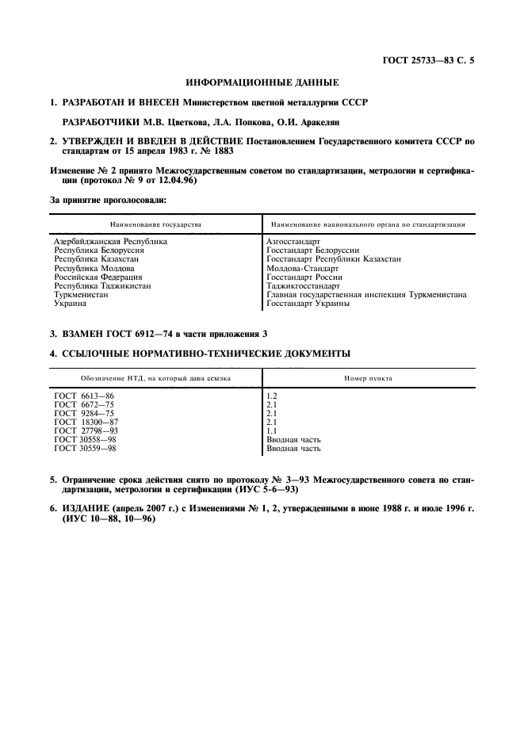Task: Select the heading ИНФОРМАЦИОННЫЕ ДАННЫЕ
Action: tap(262, 82)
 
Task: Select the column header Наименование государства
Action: tap(155, 224)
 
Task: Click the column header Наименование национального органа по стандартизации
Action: tap(368, 224)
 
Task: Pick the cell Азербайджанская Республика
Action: tap(110, 240)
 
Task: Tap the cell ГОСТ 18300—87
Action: tap(85, 423)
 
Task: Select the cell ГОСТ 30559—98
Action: tap(85, 449)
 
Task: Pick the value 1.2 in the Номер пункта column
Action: tap(271, 394)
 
